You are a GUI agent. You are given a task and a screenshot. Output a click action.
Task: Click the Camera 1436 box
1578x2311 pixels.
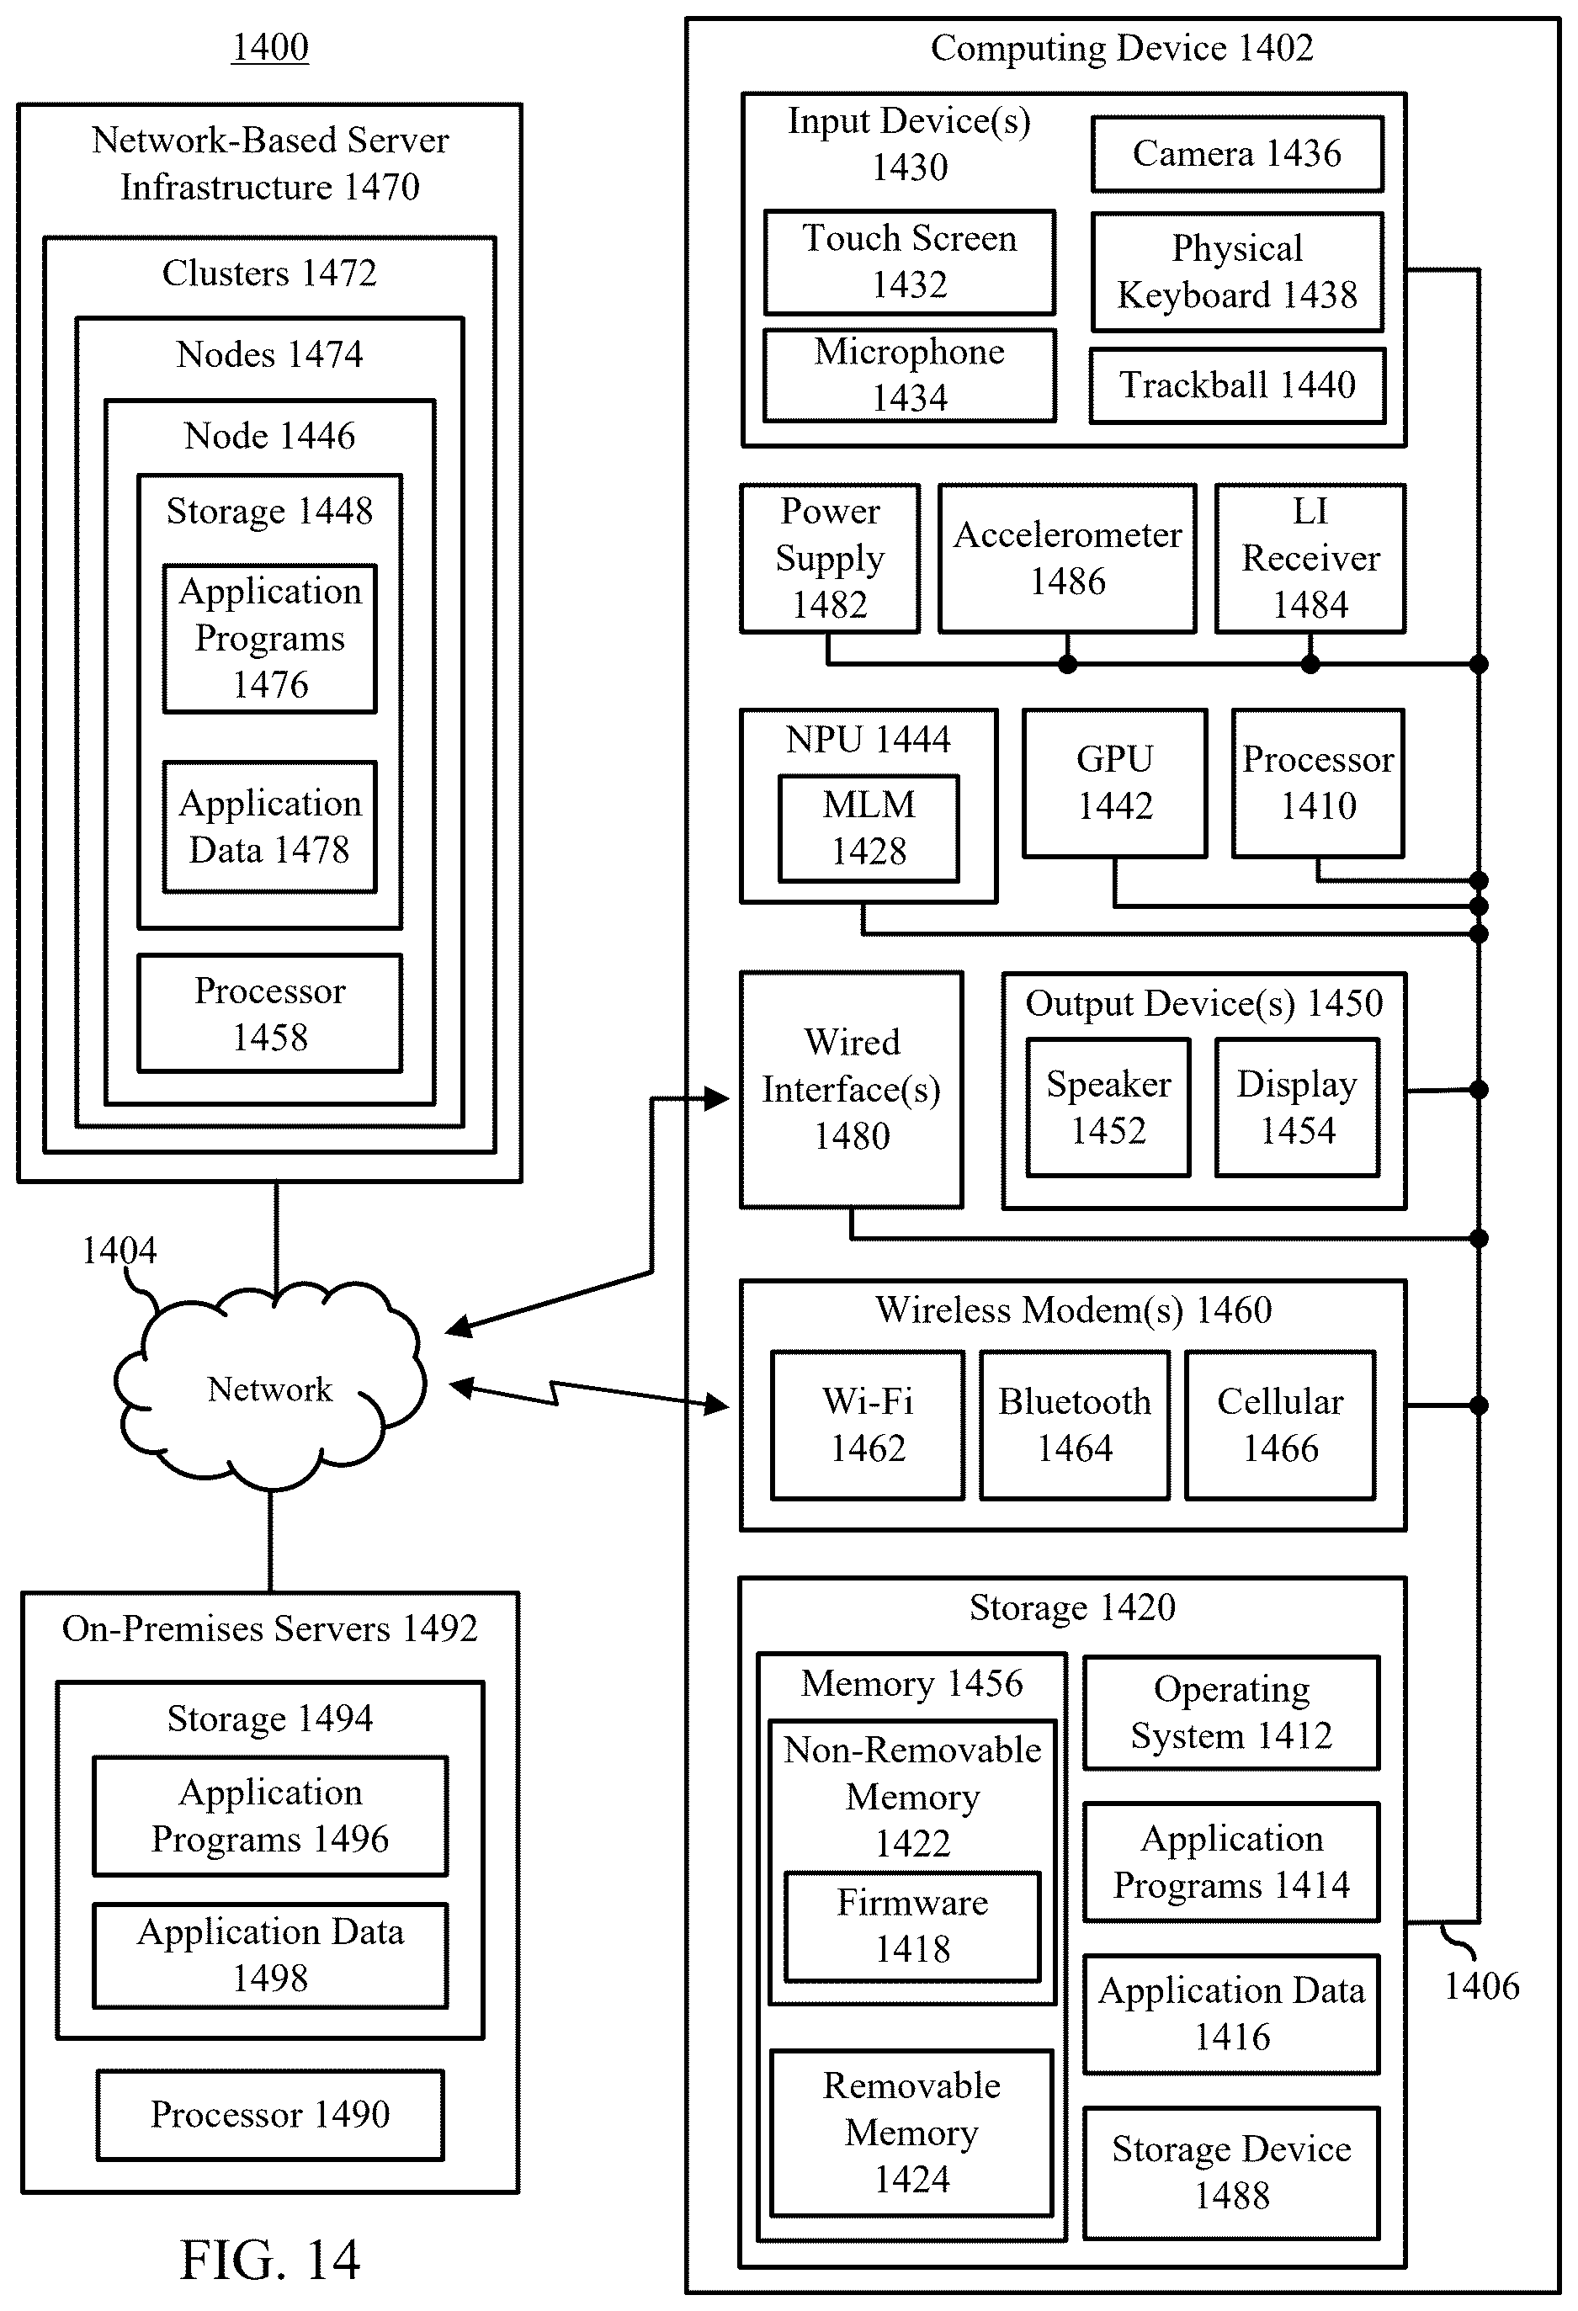click(1237, 154)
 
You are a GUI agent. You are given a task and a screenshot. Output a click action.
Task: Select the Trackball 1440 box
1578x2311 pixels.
click(1237, 385)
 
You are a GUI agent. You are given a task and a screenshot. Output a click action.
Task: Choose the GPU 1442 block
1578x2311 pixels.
click(1114, 783)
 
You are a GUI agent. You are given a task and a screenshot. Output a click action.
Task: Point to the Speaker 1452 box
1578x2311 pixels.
click(1108, 1108)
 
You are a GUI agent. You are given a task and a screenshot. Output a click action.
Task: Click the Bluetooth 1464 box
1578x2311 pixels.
click(1075, 1425)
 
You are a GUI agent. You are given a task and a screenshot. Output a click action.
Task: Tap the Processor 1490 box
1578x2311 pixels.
click(270, 2114)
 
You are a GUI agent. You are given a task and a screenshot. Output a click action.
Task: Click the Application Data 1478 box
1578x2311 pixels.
click(270, 827)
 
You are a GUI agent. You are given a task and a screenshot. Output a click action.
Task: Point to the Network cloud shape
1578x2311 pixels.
click(269, 1387)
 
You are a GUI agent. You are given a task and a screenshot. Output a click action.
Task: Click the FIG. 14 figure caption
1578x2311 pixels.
click(269, 2260)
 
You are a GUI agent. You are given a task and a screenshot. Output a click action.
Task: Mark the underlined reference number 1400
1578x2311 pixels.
click(270, 47)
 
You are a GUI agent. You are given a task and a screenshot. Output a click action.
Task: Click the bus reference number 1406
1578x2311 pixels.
click(1481, 1986)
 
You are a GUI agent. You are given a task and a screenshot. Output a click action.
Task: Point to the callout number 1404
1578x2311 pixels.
click(120, 1250)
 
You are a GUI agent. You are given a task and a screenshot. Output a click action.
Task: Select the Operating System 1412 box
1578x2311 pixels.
click(1231, 1713)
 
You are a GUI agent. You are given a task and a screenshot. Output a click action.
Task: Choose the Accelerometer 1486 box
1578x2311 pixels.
click(1068, 559)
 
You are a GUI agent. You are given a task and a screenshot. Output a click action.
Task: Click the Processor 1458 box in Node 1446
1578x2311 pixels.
click(270, 1013)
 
